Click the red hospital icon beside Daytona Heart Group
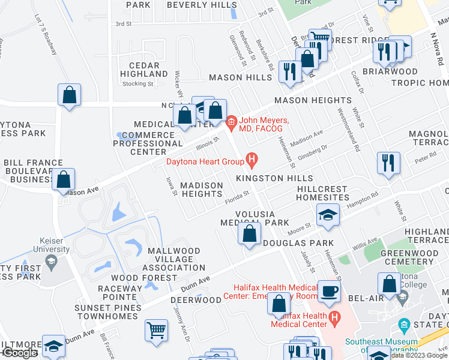pyautogui.click(x=252, y=160)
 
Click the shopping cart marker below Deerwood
pyautogui.click(x=156, y=329)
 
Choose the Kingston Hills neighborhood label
pyautogui.click(x=274, y=179)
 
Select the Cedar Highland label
pyautogui.click(x=144, y=70)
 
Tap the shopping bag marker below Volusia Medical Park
pyautogui.click(x=250, y=233)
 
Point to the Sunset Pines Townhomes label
pyautogui.click(x=108, y=312)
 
